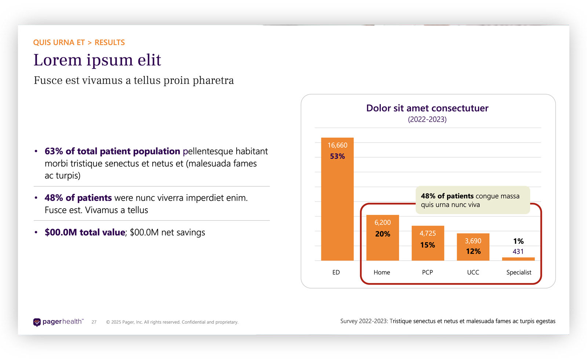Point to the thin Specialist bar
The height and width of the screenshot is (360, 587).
518,259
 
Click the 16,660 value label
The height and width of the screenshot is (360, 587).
337,145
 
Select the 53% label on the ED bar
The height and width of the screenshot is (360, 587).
337,157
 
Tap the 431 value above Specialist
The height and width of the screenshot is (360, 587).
518,251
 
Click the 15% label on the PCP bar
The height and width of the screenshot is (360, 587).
427,245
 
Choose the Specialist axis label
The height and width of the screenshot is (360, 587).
518,272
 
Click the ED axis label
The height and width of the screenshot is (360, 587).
336,272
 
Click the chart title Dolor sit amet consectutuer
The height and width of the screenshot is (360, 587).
427,108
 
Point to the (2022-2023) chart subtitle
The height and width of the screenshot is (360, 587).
427,120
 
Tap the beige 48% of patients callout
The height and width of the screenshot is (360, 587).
473,200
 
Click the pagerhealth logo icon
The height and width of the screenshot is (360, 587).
37,322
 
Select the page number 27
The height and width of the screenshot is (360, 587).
94,322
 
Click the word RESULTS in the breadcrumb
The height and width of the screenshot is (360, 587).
110,43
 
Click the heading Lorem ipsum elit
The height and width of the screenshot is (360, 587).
97,60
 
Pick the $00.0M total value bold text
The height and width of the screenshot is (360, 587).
85,232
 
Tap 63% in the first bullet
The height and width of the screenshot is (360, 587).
54,151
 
